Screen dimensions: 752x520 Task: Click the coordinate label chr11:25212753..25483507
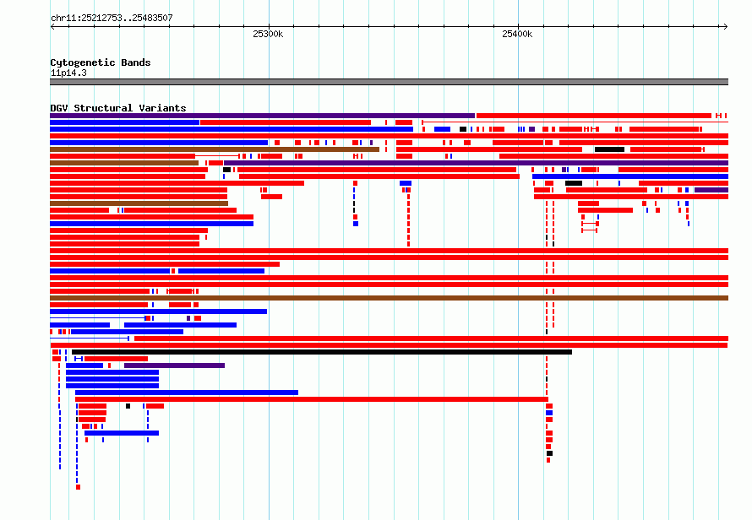(x=112, y=19)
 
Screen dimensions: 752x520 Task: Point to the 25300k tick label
(x=268, y=34)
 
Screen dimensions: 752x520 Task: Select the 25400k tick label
(x=517, y=34)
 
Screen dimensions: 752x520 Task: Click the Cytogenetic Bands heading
(x=101, y=62)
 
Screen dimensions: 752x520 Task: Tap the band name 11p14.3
(x=68, y=73)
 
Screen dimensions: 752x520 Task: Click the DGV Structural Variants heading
(x=118, y=108)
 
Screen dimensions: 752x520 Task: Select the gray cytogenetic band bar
(x=389, y=82)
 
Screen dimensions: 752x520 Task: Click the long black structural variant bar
(x=321, y=352)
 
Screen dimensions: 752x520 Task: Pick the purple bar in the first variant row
(x=262, y=116)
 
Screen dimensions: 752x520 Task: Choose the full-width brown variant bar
(x=389, y=298)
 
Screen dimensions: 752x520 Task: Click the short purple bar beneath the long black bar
(x=174, y=366)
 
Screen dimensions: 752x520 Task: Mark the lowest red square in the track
(x=79, y=487)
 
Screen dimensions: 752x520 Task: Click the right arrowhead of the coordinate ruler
(x=726, y=27)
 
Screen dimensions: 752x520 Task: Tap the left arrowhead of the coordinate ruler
(x=52, y=27)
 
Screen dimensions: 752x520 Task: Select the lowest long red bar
(x=312, y=399)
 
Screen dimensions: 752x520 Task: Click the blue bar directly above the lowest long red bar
(x=187, y=393)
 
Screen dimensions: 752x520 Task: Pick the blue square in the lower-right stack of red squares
(x=549, y=413)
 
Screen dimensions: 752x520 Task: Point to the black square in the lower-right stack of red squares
(x=549, y=453)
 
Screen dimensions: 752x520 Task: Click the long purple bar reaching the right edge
(x=477, y=163)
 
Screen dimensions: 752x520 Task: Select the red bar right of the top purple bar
(x=594, y=116)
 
